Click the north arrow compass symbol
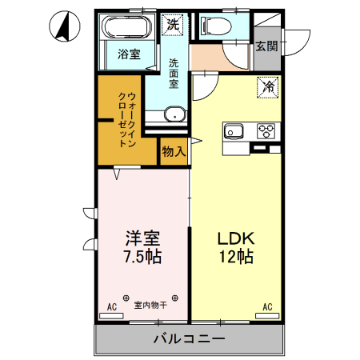[x=62, y=27]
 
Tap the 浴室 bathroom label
[x=130, y=54]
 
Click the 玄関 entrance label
[x=266, y=46]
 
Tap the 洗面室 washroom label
[x=174, y=74]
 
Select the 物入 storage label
[x=174, y=150]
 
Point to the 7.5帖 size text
[x=142, y=258]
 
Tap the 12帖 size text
[x=236, y=258]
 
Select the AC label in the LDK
[x=267, y=306]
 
